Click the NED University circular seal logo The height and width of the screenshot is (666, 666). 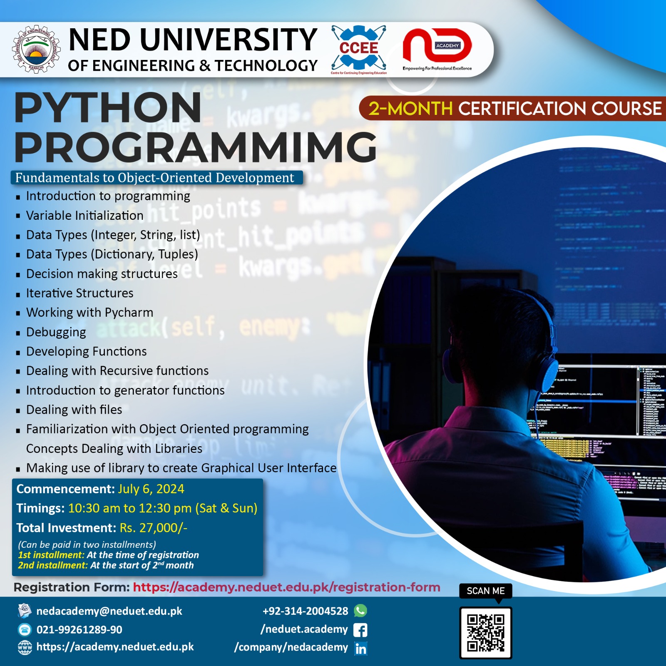tap(36, 50)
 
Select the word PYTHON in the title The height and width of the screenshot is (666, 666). tap(108, 108)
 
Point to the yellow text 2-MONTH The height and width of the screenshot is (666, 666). tap(410, 109)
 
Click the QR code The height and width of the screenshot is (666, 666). tap(485, 633)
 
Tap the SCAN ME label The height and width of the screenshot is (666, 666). tap(485, 591)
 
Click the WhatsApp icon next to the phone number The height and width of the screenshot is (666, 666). tap(360, 611)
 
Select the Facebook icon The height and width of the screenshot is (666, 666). tap(360, 630)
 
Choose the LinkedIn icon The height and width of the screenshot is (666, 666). tap(360, 648)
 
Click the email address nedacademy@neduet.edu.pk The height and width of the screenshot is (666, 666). tap(109, 611)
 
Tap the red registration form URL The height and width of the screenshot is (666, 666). tap(286, 587)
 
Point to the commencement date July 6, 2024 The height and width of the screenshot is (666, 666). tap(151, 489)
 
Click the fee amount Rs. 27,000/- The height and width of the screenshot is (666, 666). tap(154, 528)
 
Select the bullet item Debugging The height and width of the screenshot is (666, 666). tap(56, 332)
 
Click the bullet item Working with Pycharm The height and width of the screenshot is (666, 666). tap(89, 313)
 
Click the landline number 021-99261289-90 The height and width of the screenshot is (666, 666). tap(80, 630)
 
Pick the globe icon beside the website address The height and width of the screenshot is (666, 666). tap(25, 648)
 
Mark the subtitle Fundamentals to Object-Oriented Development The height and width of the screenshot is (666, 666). tap(155, 178)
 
